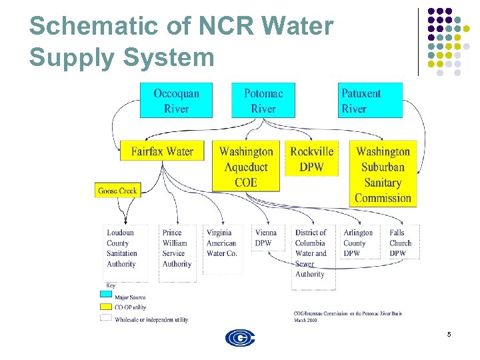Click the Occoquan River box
[x=176, y=101]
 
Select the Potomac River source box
[x=263, y=101]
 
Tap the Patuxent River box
[x=370, y=101]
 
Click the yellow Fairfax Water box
[x=162, y=151]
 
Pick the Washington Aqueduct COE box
[x=246, y=167]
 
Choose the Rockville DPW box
[x=311, y=159]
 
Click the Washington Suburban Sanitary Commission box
[x=383, y=174]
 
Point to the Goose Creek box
[x=117, y=191]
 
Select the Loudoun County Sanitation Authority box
[x=123, y=248]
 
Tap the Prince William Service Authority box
[x=177, y=248]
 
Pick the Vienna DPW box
[x=266, y=238]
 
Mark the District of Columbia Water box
[x=311, y=253]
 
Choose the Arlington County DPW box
[x=359, y=243]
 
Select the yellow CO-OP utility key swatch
[x=106, y=307]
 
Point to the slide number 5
[x=449, y=333]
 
